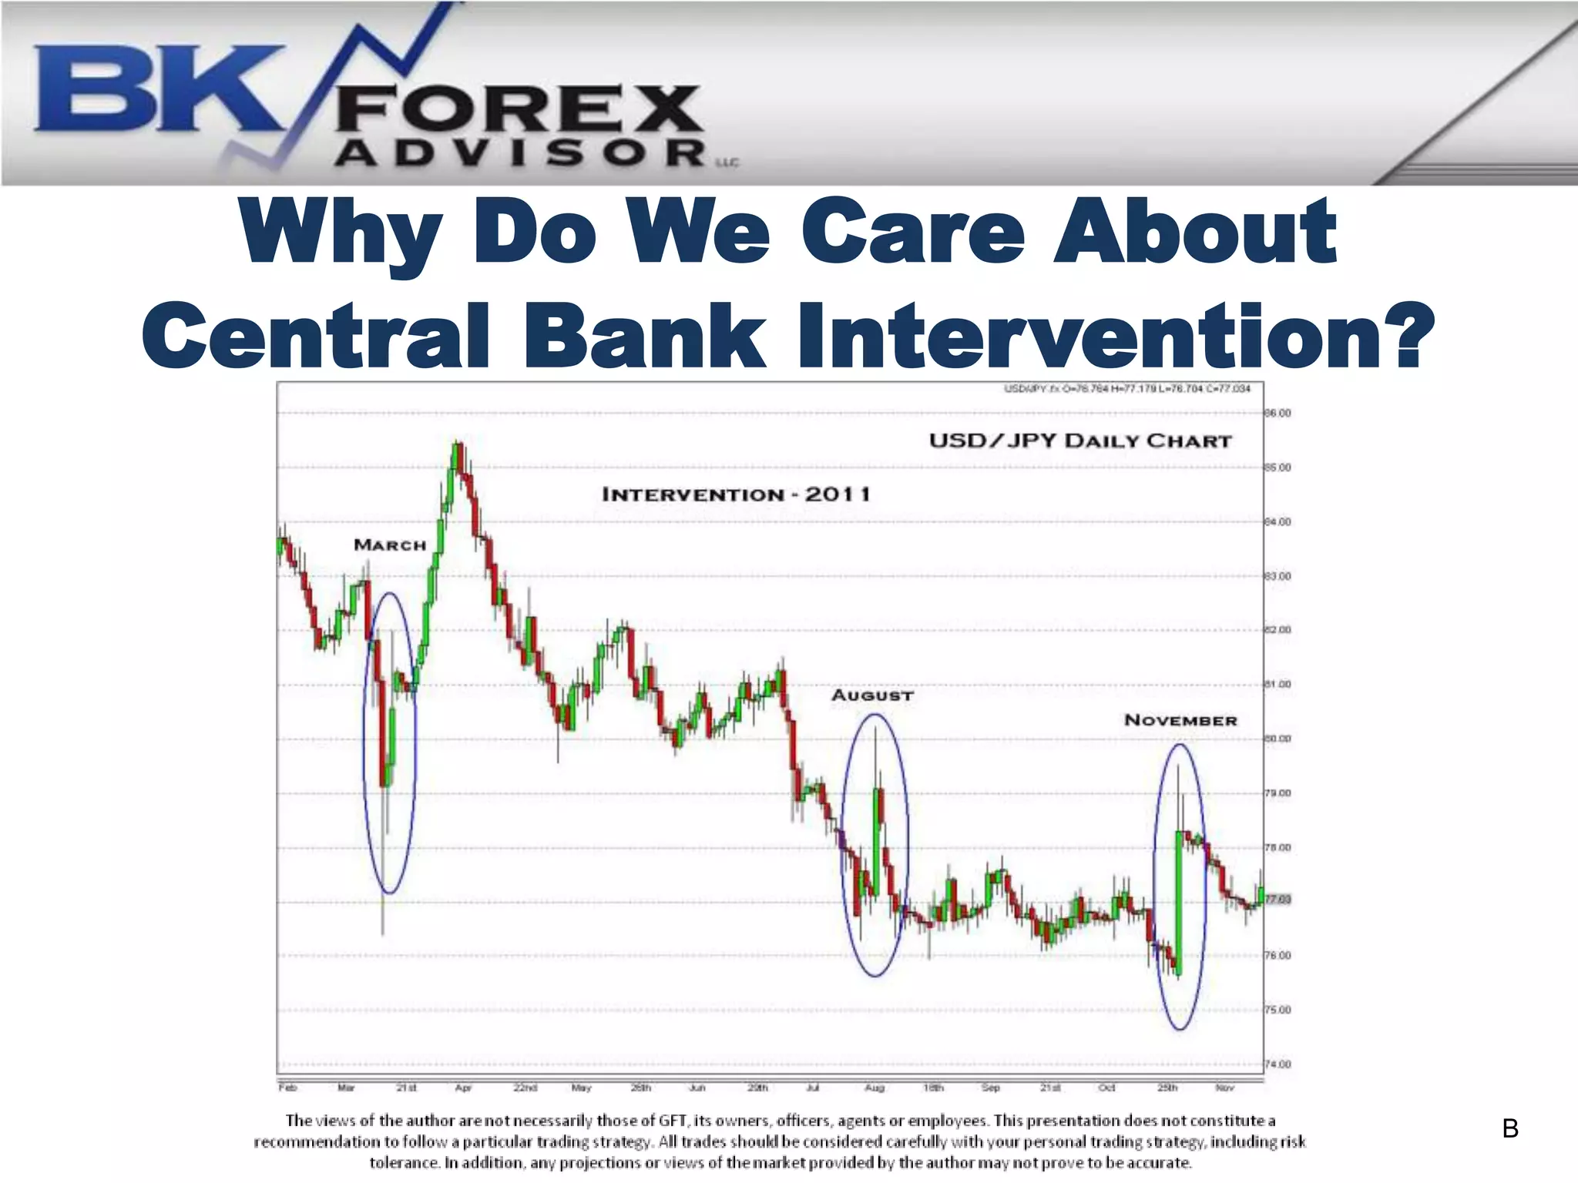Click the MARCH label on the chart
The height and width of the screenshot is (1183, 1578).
tap(390, 545)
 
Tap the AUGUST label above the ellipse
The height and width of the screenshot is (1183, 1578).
tap(872, 695)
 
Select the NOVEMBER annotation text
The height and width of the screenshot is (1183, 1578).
tap(1180, 720)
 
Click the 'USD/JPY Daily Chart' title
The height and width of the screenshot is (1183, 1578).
tap(1080, 441)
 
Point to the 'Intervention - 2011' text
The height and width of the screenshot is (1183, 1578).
tap(736, 494)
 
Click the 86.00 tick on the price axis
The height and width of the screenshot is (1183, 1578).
tap(1278, 414)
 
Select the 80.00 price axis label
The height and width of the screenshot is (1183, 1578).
tap(1278, 739)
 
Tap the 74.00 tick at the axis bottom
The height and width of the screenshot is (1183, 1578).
tap(1278, 1064)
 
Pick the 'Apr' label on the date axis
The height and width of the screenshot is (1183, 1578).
tap(463, 1088)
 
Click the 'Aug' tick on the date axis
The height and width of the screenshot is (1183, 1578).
tap(875, 1088)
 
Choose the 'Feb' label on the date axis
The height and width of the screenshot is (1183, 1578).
tap(287, 1088)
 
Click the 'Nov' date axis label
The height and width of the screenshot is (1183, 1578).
tap(1224, 1088)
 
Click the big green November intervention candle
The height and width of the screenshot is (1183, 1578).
tap(1178, 901)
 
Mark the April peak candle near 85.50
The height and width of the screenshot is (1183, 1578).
tap(457, 456)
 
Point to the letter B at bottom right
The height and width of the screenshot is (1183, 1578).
tap(1510, 1129)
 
